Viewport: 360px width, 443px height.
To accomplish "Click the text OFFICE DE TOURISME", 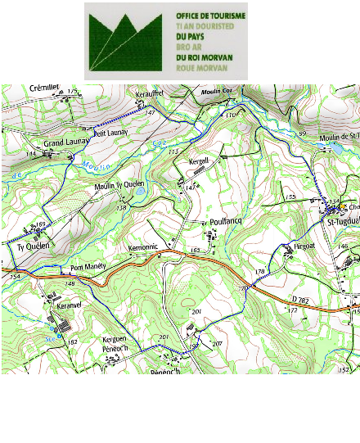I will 210,16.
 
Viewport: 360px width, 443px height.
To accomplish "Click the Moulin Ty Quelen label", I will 119,185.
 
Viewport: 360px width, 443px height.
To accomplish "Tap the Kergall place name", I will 200,160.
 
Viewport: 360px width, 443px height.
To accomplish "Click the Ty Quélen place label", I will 34,245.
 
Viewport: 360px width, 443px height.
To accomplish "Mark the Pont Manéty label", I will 88,268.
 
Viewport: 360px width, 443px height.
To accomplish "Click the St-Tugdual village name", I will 343,221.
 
